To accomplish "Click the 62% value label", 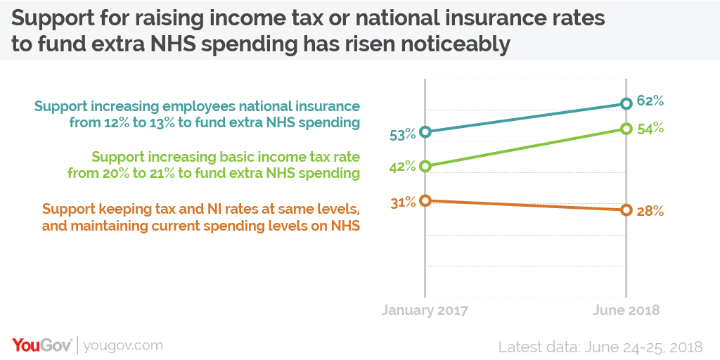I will pyautogui.click(x=650, y=101).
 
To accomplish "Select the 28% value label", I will pyautogui.click(x=650, y=212).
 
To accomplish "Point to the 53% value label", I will pyautogui.click(x=403, y=134).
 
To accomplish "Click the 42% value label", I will pyautogui.click(x=403, y=167).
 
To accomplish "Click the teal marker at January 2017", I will pyautogui.click(x=425, y=131).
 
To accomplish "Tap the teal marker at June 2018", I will pyautogui.click(x=626, y=104).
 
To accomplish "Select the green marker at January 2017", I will pyautogui.click(x=425, y=167).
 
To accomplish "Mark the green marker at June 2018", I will pyautogui.click(x=626, y=129).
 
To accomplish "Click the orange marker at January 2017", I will pyautogui.click(x=425, y=200).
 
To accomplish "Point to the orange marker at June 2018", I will pyautogui.click(x=626, y=210).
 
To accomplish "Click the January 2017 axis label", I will pyautogui.click(x=425, y=310).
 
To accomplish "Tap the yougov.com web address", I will pyautogui.click(x=123, y=345).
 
